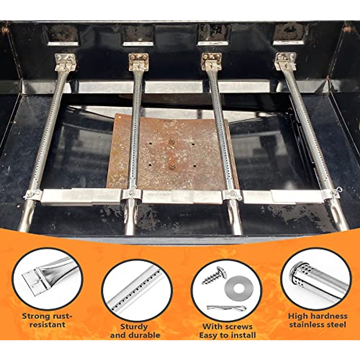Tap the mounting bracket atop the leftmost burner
pyautogui.click(x=65, y=61)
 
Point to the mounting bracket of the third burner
pyautogui.click(x=211, y=61)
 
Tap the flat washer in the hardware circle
pyautogui.click(x=239, y=288)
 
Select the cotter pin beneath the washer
pyautogui.click(x=226, y=308)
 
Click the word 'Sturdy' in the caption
pyautogui.click(x=134, y=326)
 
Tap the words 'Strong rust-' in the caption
pyautogui.click(x=47, y=316)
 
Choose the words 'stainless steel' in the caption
pyautogui.click(x=317, y=325)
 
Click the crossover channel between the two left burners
pyautogui.click(x=81, y=197)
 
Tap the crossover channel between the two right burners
pyautogui.click(x=282, y=196)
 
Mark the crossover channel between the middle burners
pyautogui.click(x=181, y=196)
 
